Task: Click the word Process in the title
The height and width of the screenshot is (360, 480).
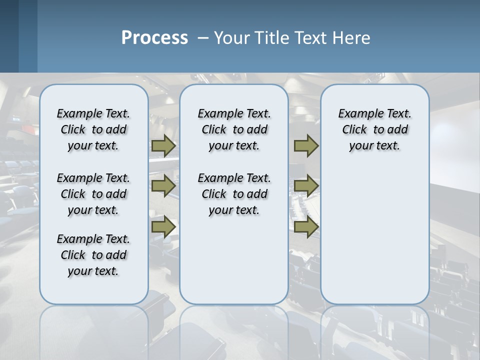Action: pyautogui.click(x=154, y=38)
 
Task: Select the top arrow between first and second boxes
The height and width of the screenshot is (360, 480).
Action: pyautogui.click(x=163, y=146)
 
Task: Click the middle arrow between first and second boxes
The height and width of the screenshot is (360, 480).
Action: pyautogui.click(x=163, y=186)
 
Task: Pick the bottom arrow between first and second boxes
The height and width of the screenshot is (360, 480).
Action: pyautogui.click(x=163, y=226)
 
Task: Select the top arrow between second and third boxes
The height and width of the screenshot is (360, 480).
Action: pyautogui.click(x=306, y=146)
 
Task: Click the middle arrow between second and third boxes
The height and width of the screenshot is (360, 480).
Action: pyautogui.click(x=306, y=186)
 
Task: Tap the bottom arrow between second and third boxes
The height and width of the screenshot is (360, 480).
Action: pyautogui.click(x=306, y=226)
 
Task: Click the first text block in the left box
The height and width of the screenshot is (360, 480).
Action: pyautogui.click(x=93, y=129)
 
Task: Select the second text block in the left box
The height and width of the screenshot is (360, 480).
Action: pyautogui.click(x=93, y=194)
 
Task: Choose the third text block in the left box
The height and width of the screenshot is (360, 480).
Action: pyautogui.click(x=93, y=255)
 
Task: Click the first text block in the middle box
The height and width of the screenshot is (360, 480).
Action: pyautogui.click(x=234, y=129)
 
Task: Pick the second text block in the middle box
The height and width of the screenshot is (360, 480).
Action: pyautogui.click(x=234, y=194)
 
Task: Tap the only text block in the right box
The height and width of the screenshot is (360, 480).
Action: pyautogui.click(x=374, y=129)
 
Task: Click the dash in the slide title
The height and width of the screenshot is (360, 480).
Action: pyautogui.click(x=203, y=38)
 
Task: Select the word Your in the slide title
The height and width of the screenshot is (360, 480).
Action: pyautogui.click(x=232, y=38)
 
